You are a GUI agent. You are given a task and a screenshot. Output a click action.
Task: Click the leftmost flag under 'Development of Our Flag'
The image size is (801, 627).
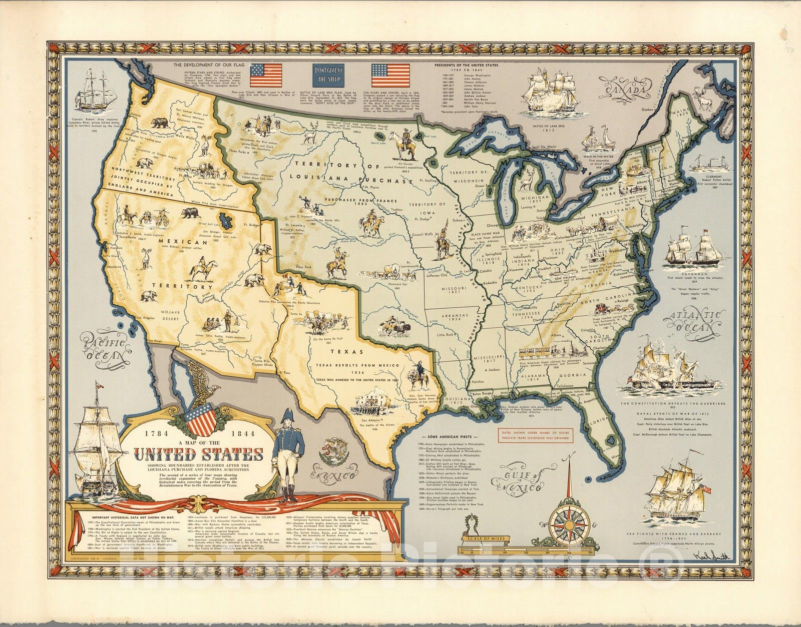click(x=266, y=75)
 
